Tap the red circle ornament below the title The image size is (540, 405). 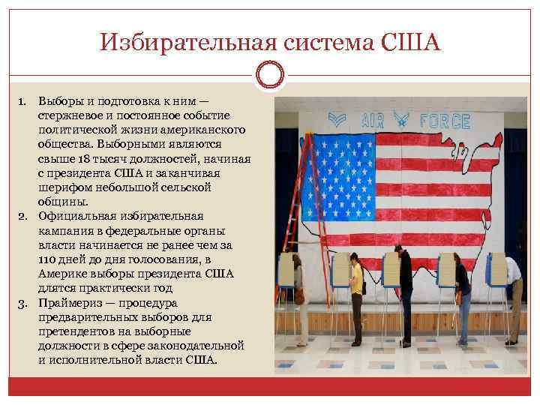270,74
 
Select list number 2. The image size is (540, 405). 22,215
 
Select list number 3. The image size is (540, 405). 22,302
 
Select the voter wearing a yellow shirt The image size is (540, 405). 357,289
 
